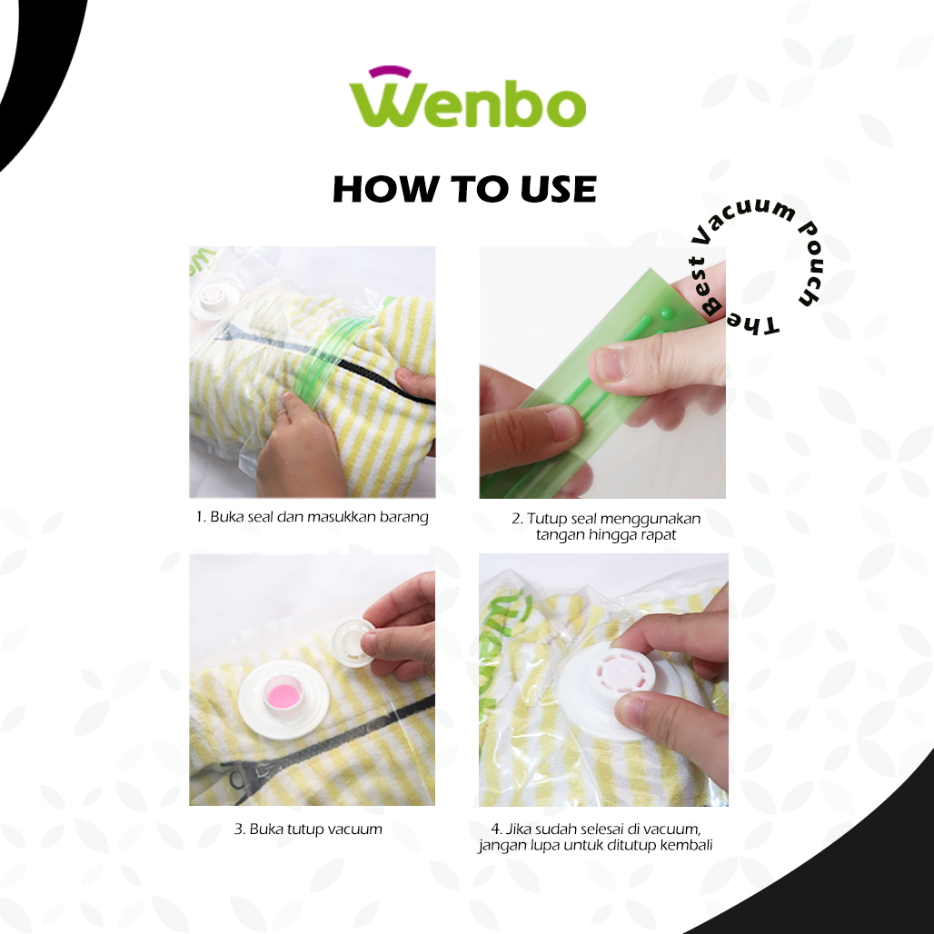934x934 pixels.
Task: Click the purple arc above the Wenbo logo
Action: pyautogui.click(x=390, y=71)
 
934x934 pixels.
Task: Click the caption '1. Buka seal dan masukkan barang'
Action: pyautogui.click(x=313, y=517)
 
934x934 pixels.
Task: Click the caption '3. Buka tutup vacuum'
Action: pyautogui.click(x=308, y=830)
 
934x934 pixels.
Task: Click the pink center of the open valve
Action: pyautogui.click(x=282, y=695)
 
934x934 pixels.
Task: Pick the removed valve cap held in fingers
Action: pyautogui.click(x=353, y=642)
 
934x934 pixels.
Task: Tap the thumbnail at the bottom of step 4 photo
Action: pyautogui.click(x=631, y=711)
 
